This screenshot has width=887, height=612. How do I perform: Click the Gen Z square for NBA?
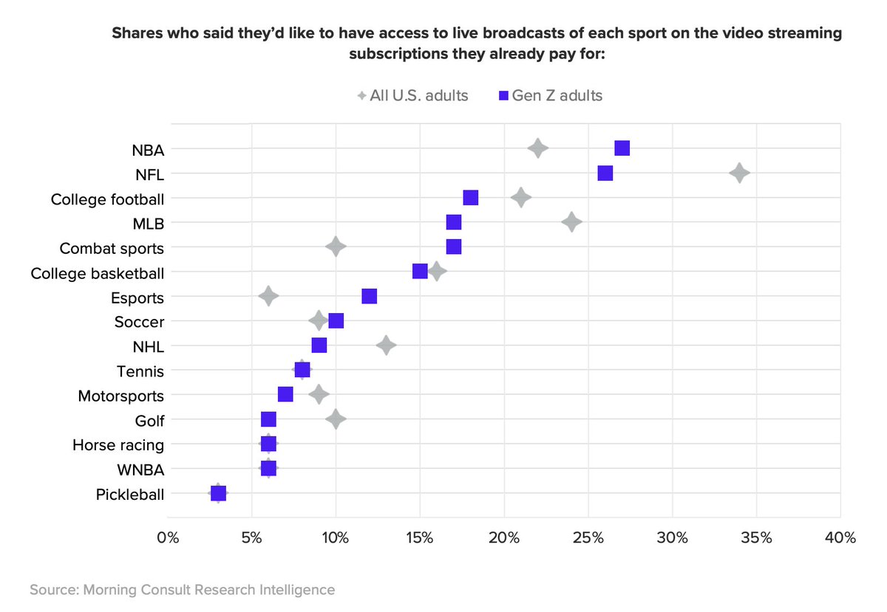622,148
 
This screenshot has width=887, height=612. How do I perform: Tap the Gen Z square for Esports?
370,296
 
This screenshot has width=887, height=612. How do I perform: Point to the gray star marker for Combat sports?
336,247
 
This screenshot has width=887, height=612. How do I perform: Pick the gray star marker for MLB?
571,222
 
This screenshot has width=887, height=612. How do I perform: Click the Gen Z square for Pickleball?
218,493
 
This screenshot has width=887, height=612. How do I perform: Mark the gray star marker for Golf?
336,419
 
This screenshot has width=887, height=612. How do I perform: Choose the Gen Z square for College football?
471,198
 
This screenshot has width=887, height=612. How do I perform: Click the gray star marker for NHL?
386,345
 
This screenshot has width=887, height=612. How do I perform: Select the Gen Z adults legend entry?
550,96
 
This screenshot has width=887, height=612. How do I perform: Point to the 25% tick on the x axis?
588,537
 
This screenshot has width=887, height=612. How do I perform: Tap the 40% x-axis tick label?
840,537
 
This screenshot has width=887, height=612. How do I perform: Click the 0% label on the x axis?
169,537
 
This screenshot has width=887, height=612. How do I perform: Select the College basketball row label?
98,273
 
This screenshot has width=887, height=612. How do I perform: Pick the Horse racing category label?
118,445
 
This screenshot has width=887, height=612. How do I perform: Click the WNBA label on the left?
140,470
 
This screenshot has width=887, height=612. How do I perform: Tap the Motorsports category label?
121,396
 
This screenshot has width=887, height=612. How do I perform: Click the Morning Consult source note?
183,590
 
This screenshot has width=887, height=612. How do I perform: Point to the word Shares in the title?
136,34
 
